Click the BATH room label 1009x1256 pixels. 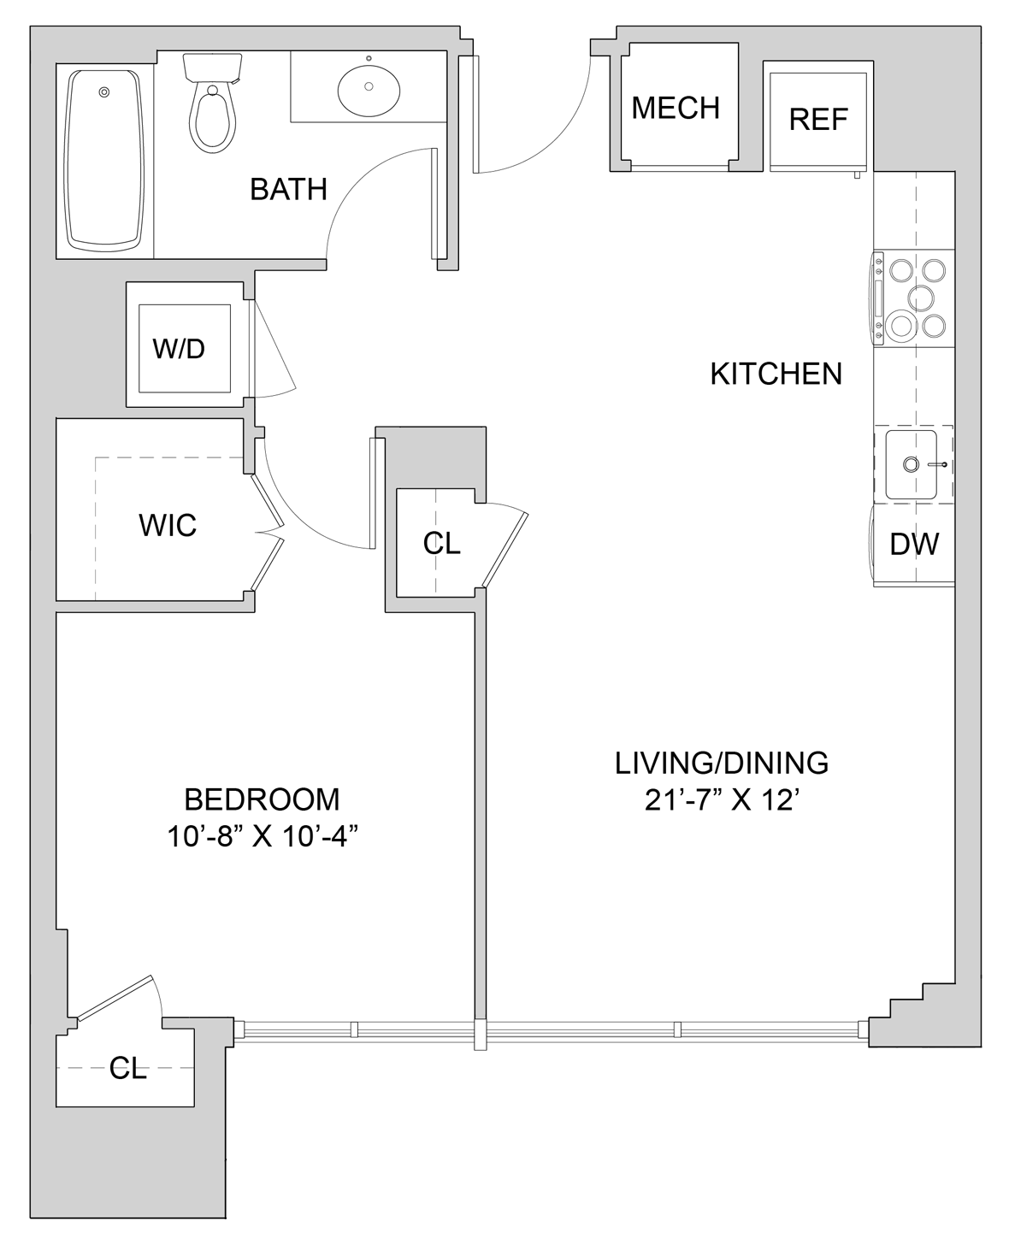[288, 189]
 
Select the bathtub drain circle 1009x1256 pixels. [104, 92]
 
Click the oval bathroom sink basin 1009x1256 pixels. [369, 86]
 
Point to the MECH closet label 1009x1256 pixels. [676, 108]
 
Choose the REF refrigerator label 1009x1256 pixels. [818, 120]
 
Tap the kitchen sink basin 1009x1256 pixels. [911, 464]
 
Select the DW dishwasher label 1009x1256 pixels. [914, 544]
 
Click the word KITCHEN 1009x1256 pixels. [776, 374]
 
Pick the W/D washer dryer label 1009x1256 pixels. [180, 349]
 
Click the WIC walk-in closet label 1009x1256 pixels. [168, 525]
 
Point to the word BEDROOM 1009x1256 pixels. [262, 799]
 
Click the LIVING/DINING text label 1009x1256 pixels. [722, 763]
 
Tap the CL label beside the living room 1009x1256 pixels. [442, 543]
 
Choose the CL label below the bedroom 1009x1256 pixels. [128, 1068]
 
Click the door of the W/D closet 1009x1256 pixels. [272, 349]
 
